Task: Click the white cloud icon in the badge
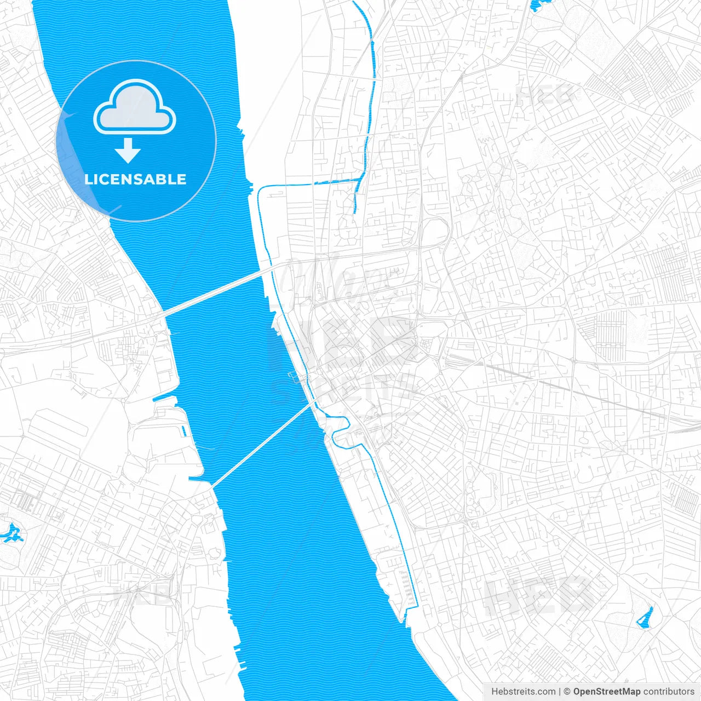[135, 108]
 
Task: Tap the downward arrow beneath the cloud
[128, 151]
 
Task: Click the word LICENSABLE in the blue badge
[135, 179]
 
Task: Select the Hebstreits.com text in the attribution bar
[523, 692]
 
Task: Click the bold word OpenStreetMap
[606, 692]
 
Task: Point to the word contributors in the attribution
[669, 692]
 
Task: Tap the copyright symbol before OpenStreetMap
[567, 692]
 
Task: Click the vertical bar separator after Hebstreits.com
[560, 692]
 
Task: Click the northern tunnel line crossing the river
[219, 290]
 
